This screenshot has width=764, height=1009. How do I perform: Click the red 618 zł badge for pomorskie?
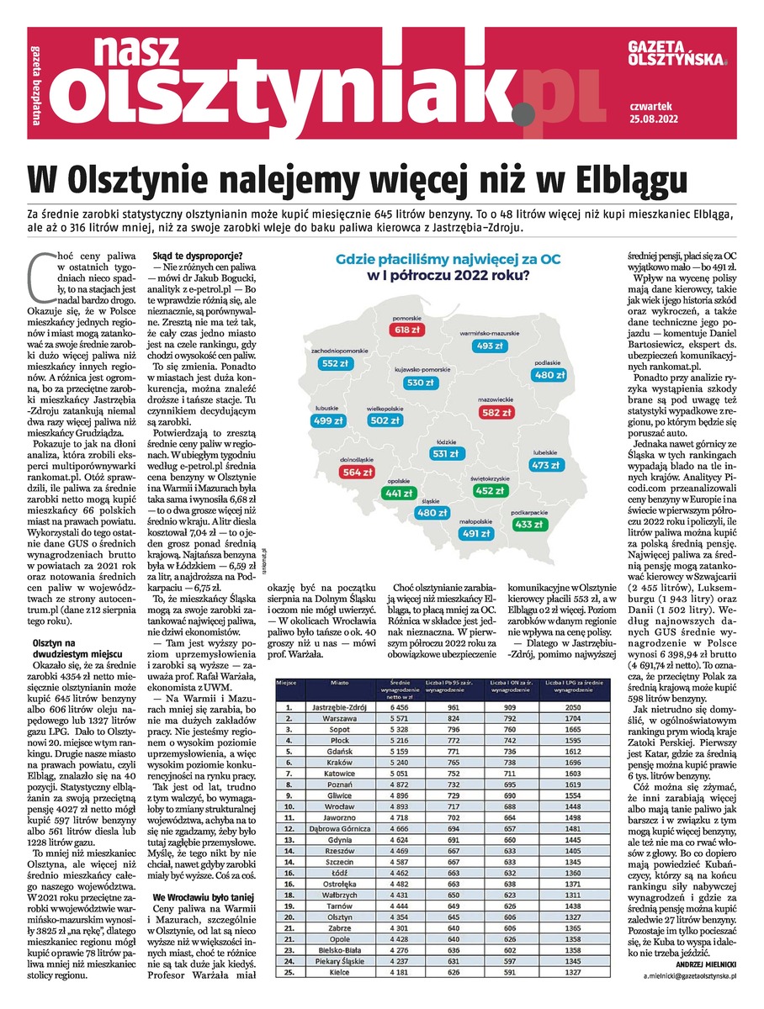pos(408,330)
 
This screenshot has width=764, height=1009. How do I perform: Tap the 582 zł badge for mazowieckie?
pos(496,412)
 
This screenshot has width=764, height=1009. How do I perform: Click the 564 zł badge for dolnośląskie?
pos(357,472)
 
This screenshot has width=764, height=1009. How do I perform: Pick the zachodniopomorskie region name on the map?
pos(340,349)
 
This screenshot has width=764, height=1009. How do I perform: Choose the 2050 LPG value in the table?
pos(574,708)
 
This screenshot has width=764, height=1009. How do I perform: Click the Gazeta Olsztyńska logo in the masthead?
pos(677,55)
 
